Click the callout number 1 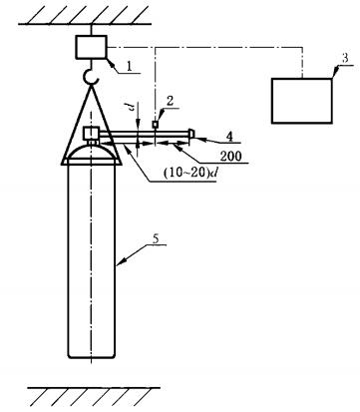[x=130, y=66]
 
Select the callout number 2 [x=170, y=102]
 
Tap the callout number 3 [x=345, y=59]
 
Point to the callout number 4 [x=229, y=136]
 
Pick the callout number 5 [x=156, y=238]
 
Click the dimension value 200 [x=230, y=156]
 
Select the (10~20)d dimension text [x=190, y=173]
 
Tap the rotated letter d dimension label [x=133, y=107]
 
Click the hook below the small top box [x=91, y=77]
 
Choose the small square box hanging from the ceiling [x=92, y=47]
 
